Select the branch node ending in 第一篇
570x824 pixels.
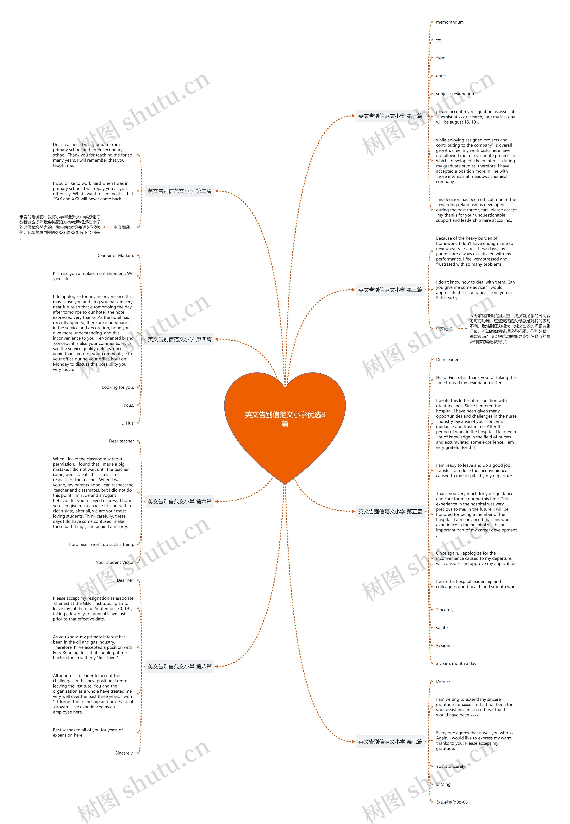click(x=390, y=116)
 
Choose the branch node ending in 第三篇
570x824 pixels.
click(x=390, y=290)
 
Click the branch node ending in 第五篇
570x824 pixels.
click(x=390, y=511)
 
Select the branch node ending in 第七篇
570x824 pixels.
click(x=390, y=742)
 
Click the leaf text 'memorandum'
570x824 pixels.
click(x=450, y=22)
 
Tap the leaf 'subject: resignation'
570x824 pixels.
click(x=455, y=94)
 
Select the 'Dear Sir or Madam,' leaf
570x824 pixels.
click(x=115, y=256)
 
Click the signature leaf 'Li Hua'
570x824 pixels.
click(x=128, y=423)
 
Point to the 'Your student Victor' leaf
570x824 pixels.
click(x=115, y=562)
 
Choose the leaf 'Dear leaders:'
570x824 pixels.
click(x=449, y=360)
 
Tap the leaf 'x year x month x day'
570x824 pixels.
click(x=456, y=663)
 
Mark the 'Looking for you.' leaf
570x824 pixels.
click(x=118, y=387)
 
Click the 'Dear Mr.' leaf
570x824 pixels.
click(x=125, y=580)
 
